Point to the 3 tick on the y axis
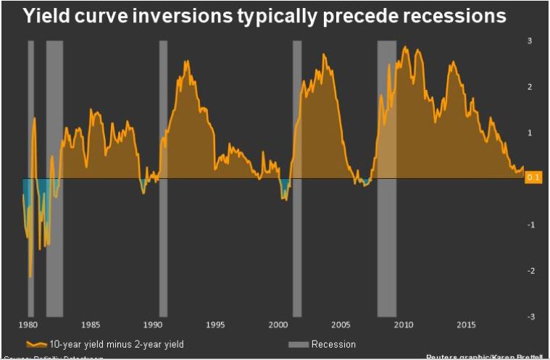tap(530, 41)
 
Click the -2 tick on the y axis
tap(529, 271)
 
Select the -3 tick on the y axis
tap(529, 317)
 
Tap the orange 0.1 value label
tap(533, 178)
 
